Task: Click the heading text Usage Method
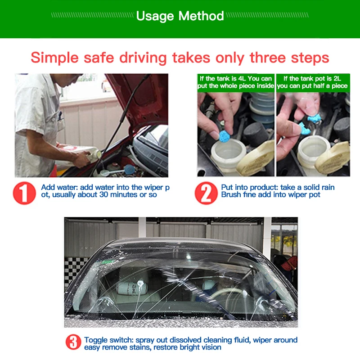180,16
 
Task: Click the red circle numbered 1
24,193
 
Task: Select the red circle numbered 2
206,193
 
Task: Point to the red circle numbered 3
73,342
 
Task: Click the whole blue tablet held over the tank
224,136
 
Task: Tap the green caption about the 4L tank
236,82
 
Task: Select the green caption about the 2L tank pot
313,82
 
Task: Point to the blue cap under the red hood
130,170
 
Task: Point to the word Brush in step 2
231,195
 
